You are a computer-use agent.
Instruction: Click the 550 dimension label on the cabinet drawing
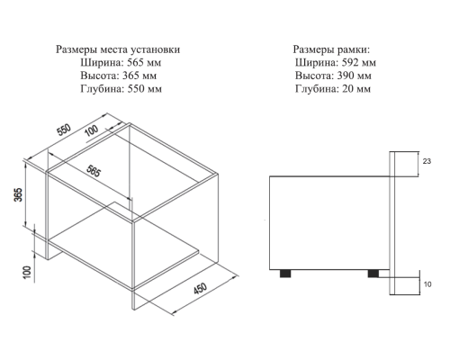[x=64, y=130]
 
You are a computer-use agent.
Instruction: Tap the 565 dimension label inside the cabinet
[x=94, y=171]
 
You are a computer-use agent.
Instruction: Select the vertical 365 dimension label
[x=18, y=194]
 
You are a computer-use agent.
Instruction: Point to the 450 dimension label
[x=200, y=288]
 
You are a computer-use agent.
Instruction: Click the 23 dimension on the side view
[x=427, y=161]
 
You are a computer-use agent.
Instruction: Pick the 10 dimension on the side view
[x=427, y=284]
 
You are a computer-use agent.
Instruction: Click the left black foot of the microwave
[x=285, y=274]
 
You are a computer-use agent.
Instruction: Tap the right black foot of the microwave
[x=373, y=274]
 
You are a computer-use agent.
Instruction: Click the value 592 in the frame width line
[x=350, y=62]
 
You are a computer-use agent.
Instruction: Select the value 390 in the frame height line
[x=346, y=76]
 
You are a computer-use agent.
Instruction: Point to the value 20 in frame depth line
[x=347, y=88]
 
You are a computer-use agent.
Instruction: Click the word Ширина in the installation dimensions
[x=102, y=62]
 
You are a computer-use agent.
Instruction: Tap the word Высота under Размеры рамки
[x=315, y=76]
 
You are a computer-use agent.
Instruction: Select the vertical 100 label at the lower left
[x=27, y=272]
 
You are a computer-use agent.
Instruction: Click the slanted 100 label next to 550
[x=92, y=130]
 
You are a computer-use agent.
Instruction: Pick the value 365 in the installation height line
[x=130, y=76]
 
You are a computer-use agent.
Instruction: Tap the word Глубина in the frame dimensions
[x=317, y=89]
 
